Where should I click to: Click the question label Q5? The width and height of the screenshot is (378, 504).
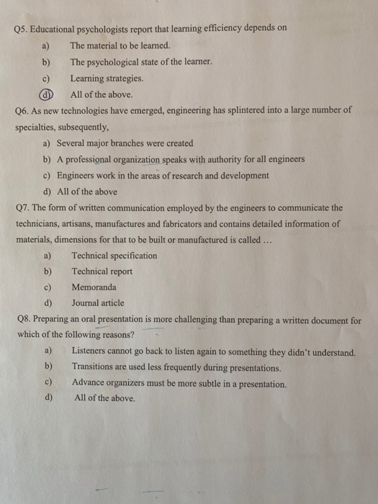(22, 28)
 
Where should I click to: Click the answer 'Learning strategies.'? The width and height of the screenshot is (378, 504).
(107, 78)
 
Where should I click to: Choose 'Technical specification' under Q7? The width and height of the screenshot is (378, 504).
(114, 256)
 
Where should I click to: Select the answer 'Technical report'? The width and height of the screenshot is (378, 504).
(102, 271)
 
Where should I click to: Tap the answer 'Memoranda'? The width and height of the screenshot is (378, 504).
(94, 287)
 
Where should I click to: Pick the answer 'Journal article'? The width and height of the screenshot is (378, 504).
(98, 303)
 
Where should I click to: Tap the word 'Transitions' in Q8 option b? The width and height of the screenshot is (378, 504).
(95, 368)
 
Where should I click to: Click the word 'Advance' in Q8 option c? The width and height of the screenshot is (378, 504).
(89, 384)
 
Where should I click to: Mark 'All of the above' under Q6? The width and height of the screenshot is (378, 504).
(87, 192)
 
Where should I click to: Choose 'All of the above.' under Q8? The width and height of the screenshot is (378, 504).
(104, 398)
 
